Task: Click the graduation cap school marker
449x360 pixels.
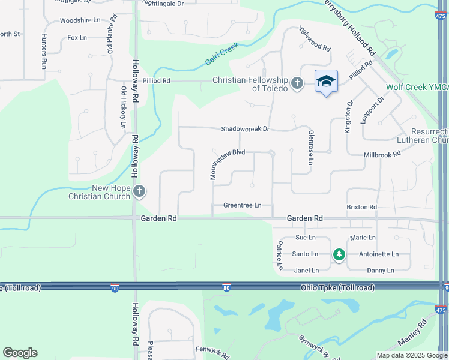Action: pos(326,82)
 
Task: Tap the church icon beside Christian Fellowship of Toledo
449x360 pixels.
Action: pos(297,83)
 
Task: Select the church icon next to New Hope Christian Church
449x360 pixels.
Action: pos(139,192)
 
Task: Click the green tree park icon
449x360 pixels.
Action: pos(339,255)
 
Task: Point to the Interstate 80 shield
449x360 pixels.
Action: pos(226,289)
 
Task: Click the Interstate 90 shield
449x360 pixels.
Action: pos(115,289)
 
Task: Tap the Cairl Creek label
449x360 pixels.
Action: pos(221,53)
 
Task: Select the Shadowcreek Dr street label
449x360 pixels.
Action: pos(246,129)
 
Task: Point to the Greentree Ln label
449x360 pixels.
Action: pos(243,205)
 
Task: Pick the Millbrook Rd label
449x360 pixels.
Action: pos(382,155)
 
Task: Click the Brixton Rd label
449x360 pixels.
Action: pos(361,208)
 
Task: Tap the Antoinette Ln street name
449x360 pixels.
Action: pos(378,254)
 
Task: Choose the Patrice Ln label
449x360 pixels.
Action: pos(280,255)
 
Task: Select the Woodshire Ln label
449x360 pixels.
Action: pos(80,20)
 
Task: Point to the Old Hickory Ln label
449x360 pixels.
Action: pos(124,107)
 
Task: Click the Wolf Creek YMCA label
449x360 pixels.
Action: pos(417,87)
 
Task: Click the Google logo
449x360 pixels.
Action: pos(20,353)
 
